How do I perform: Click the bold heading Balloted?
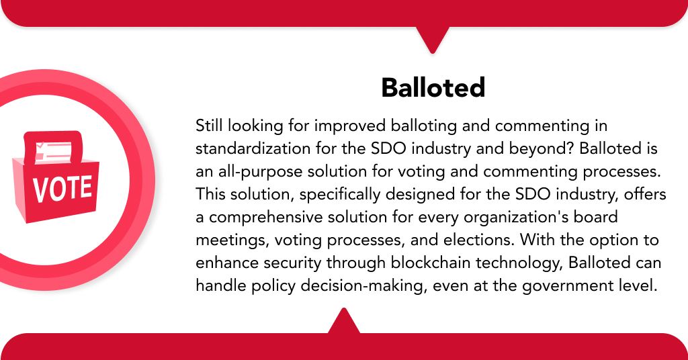pyautogui.click(x=433, y=87)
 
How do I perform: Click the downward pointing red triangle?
pyautogui.click(x=432, y=39)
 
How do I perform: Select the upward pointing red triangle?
pyautogui.click(x=344, y=322)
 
